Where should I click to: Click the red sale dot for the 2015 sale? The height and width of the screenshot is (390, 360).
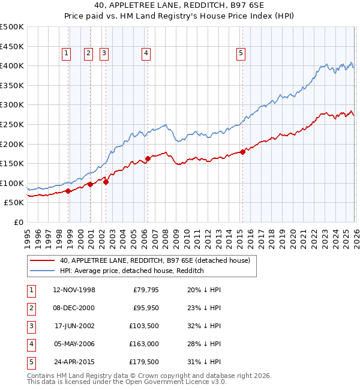point(243,152)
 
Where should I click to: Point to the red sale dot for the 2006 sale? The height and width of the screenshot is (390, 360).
point(148,158)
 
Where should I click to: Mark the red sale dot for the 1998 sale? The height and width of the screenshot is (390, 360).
point(68,191)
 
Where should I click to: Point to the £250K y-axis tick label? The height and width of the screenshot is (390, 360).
point(12,125)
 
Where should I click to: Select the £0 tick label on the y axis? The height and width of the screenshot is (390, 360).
point(19,223)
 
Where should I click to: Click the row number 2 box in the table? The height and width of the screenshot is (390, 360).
point(31,308)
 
